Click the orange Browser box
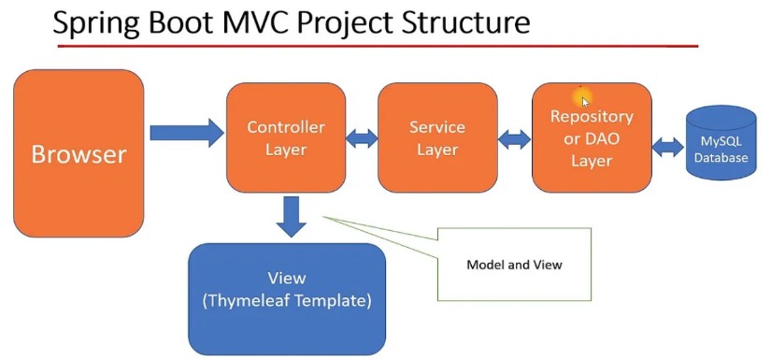[x=79, y=153]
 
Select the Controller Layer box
[x=285, y=137]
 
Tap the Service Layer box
[x=436, y=137]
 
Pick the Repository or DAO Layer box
[x=591, y=138]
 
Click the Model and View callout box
[x=514, y=265]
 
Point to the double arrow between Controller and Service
[x=361, y=138]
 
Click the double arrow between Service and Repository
[x=514, y=139]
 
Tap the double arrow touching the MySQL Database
[x=668, y=147]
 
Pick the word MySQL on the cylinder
[x=721, y=142]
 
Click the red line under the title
[x=374, y=45]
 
